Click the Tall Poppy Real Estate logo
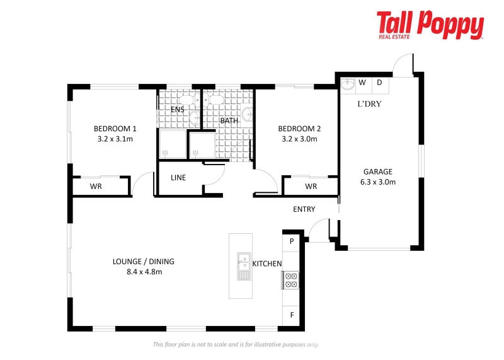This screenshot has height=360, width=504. coord(430,25)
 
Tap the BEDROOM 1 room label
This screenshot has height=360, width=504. coord(115,128)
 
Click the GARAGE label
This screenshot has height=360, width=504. coord(378,171)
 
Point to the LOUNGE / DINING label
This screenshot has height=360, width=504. coord(143,262)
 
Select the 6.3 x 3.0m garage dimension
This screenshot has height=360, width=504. coord(378,182)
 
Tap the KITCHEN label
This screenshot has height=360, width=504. coord(267,264)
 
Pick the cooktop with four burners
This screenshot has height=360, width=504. coord(291,280)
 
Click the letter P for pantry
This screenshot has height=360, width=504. coord(292,241)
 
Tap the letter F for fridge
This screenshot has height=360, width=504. coord(292,315)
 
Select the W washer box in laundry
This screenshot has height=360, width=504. coord(362,83)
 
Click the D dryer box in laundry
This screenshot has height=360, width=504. coord(380,83)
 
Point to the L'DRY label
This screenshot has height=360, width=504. coord(369,104)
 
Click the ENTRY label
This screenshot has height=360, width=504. coord(304,209)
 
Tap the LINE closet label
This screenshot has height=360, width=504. coord(178,178)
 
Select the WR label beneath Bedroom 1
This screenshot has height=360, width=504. coord(96,187)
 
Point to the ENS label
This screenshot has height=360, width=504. coord(178,109)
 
